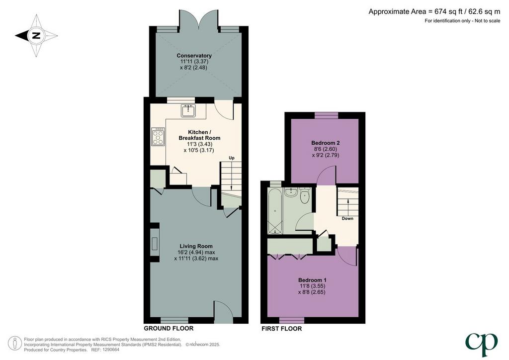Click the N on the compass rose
[x=36, y=35]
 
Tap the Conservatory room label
[x=194, y=56]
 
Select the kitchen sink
[x=188, y=110]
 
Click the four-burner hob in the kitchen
[x=158, y=137]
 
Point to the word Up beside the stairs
[x=232, y=158]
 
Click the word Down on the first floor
[x=347, y=218]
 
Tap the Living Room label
[x=196, y=247]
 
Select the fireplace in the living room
[x=155, y=243]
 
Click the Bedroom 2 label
[x=325, y=143]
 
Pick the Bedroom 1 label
[x=312, y=280]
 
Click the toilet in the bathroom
[x=305, y=195]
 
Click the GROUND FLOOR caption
[x=169, y=329]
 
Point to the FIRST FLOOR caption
[x=282, y=329]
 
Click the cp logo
[x=481, y=344]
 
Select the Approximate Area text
[x=434, y=12]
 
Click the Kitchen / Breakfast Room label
[x=199, y=135]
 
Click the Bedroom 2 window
[x=326, y=115]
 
